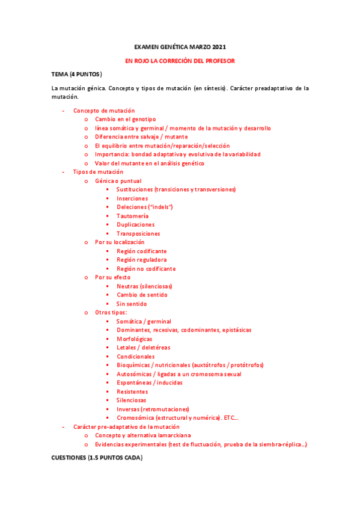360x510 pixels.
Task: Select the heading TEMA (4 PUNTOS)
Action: pyautogui.click(x=76, y=75)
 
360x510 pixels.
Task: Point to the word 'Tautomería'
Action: pyautogui.click(x=132, y=216)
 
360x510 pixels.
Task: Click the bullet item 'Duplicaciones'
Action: pyautogui.click(x=135, y=225)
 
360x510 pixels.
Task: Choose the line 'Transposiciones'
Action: pyautogui.click(x=138, y=233)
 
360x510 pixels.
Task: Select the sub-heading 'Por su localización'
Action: pyautogui.click(x=120, y=242)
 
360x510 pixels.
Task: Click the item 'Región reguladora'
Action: pyautogui.click(x=142, y=260)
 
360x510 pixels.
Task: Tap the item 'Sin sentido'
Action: pyautogui.click(x=132, y=304)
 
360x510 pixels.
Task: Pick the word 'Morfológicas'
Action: pyautogui.click(x=135, y=339)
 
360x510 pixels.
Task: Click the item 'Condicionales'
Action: pyautogui.click(x=135, y=357)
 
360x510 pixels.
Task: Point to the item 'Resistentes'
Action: pyautogui.click(x=132, y=392)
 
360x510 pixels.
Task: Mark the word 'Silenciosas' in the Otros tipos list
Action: pyautogui.click(x=132, y=401)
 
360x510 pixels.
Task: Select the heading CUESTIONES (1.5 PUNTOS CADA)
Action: pyautogui.click(x=97, y=458)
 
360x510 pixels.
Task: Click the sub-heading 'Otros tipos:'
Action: pyautogui.click(x=111, y=313)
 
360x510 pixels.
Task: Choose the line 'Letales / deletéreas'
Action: pyautogui.click(x=143, y=348)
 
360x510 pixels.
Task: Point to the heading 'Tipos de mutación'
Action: pyautogui.click(x=98, y=172)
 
